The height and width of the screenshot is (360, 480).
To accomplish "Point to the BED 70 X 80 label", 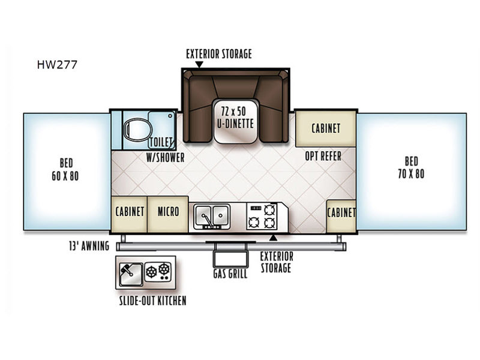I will [411, 169].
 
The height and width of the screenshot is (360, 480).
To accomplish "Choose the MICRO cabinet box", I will [167, 212].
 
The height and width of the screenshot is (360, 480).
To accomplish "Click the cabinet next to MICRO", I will [130, 212].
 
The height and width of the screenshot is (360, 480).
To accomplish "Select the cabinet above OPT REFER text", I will [326, 128].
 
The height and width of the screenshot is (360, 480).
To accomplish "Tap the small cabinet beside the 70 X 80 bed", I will [341, 212].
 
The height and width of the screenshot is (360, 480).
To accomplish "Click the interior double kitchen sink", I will [211, 216].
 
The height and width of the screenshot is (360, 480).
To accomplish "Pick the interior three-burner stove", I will [263, 216].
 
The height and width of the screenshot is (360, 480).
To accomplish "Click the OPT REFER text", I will [323, 156].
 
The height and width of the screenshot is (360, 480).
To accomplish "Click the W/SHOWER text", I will [165, 158].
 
